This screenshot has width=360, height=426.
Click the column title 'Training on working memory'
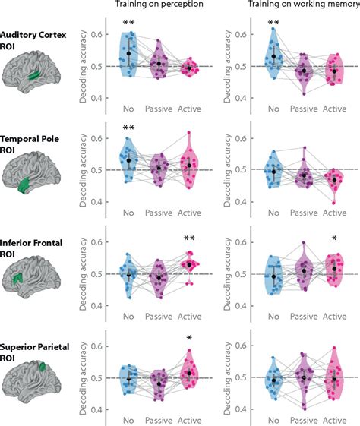click(x=295, y=5)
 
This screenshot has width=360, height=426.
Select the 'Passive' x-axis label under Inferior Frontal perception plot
click(x=158, y=317)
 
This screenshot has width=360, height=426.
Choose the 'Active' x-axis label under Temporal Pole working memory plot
click(x=334, y=213)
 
